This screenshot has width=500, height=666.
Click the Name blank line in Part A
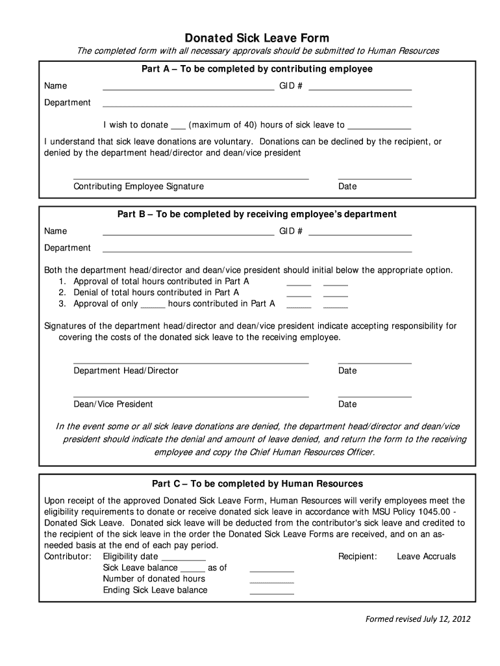(x=188, y=88)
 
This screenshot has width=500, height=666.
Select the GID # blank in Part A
(x=360, y=88)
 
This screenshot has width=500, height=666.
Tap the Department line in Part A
(x=257, y=105)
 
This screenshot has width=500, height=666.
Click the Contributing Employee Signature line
(x=191, y=178)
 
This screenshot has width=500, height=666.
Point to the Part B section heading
(x=257, y=214)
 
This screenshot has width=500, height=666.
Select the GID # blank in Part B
(x=360, y=233)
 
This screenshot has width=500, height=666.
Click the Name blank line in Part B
(x=188, y=233)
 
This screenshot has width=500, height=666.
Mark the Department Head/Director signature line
(x=191, y=362)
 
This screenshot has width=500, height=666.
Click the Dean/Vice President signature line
(x=191, y=395)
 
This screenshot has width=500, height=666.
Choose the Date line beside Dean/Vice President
(x=375, y=395)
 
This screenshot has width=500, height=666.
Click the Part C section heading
(x=257, y=484)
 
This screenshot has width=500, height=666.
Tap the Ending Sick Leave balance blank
(x=271, y=593)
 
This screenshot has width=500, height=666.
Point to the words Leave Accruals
(x=426, y=556)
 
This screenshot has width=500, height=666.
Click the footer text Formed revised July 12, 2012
(x=416, y=619)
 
